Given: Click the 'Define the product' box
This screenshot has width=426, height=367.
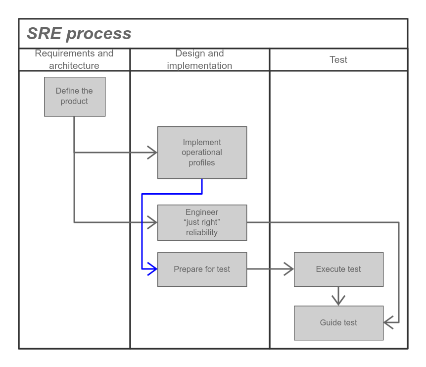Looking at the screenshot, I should point(75,97).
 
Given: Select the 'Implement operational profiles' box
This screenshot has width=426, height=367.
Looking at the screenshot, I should point(202,153).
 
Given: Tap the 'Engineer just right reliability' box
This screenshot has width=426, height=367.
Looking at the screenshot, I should point(202,222).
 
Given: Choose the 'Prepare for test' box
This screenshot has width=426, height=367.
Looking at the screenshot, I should point(202,269).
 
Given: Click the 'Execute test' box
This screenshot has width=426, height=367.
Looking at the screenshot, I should point(338,269).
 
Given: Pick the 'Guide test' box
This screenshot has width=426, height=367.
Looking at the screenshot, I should point(338,323).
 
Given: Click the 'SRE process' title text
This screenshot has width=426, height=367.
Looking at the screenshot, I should point(79,34).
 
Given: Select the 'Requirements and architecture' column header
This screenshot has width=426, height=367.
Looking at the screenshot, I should point(74,59).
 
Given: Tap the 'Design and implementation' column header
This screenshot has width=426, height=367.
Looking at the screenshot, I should point(199,59).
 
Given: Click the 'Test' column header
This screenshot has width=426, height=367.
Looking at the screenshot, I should point(338,59).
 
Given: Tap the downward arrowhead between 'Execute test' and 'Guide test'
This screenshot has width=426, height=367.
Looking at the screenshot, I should point(338,301).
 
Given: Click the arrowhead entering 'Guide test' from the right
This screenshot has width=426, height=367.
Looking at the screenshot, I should point(388,323).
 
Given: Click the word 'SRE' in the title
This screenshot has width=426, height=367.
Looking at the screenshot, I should point(44,34).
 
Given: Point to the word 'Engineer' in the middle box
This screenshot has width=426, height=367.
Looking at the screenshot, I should point(202,212).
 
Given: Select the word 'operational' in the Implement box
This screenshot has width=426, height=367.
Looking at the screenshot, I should point(202,153).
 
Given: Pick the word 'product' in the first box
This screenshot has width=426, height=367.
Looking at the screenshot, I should point(74,102).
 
